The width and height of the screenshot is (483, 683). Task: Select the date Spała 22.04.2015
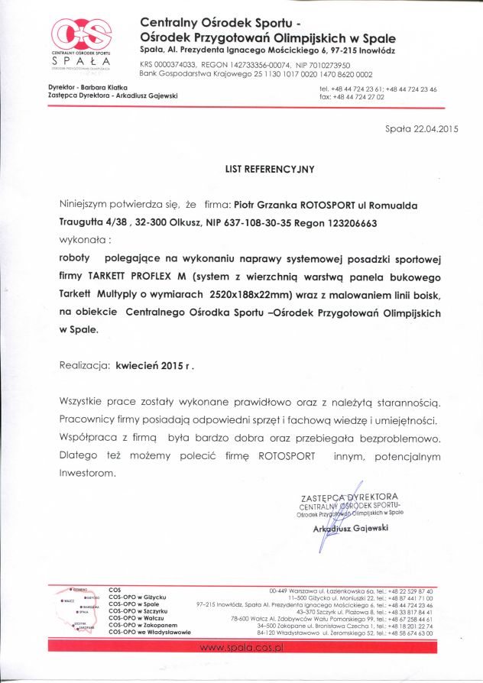421,129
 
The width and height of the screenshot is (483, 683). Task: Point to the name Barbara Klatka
105,89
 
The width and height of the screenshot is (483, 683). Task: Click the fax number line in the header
351,97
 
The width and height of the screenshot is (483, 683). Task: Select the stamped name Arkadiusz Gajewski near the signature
351,528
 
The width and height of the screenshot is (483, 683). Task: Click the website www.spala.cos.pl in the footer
241,647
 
